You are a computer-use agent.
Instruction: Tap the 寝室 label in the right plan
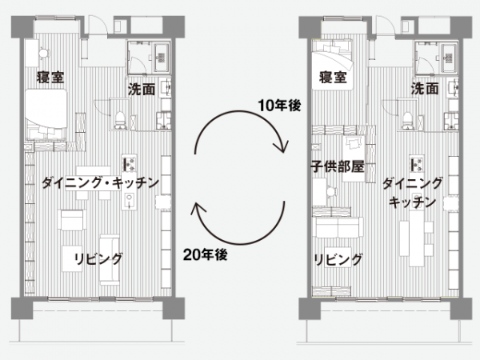[332, 78]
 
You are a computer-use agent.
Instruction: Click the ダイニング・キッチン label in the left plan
[100, 183]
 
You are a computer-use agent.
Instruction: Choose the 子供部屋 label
[337, 168]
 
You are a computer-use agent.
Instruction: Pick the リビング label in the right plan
[338, 259]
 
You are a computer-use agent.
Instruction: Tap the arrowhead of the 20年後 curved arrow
[198, 210]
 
